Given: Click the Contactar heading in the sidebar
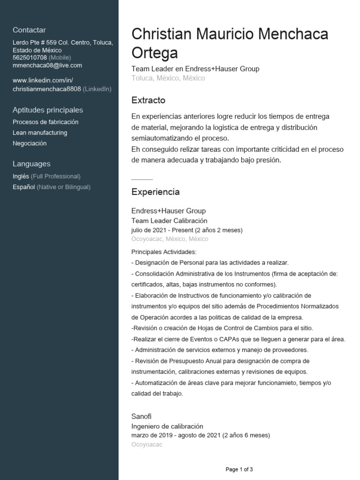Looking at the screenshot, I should [x=29, y=30].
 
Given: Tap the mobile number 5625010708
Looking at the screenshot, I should [x=30, y=58].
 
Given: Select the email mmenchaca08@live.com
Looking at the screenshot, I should [x=47, y=66].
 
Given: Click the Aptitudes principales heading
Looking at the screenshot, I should [x=48, y=110].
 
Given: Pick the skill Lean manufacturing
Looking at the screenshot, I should [x=40, y=133].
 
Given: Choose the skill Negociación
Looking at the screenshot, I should [x=30, y=143].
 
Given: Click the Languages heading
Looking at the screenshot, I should [x=31, y=164].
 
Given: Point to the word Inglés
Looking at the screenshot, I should [x=21, y=176].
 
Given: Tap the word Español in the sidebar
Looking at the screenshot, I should [x=24, y=187].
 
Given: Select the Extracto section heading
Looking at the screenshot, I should [x=148, y=101].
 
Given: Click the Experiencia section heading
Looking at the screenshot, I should [x=155, y=192].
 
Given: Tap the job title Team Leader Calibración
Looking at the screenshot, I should [x=169, y=221].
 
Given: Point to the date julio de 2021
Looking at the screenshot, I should [x=149, y=230].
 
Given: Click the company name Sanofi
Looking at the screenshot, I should [x=141, y=416].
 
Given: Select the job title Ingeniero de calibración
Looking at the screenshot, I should [x=167, y=426].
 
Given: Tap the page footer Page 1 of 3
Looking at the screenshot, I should [x=239, y=469].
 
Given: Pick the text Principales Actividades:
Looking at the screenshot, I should [x=164, y=252].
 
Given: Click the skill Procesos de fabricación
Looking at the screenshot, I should [x=45, y=122].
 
